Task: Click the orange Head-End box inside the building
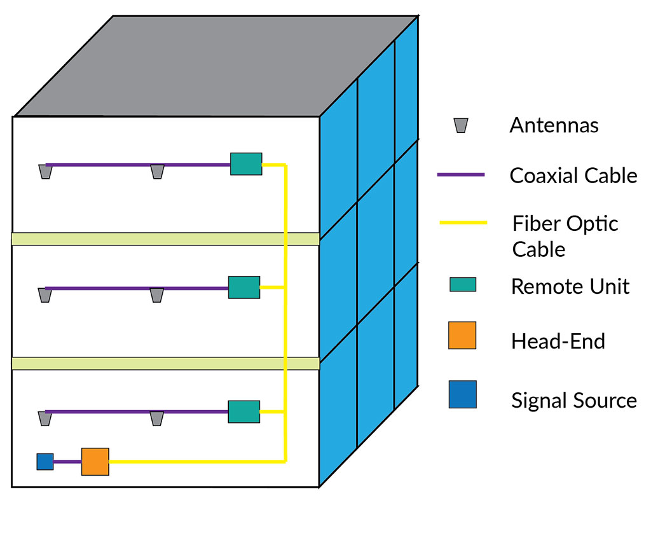tap(95, 462)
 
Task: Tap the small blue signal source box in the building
tap(45, 462)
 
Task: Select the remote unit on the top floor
tap(246, 164)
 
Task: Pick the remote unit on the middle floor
tap(244, 287)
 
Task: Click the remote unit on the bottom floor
tap(244, 412)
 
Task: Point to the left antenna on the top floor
tap(46, 172)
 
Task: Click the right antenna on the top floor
tap(157, 172)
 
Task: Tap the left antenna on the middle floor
tap(45, 295)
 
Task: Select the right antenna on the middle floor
tap(156, 295)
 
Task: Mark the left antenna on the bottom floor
tap(45, 418)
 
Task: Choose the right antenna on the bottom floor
tap(156, 418)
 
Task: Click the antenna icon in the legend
tap(461, 126)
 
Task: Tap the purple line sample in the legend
tap(461, 174)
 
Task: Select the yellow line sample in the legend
tap(463, 223)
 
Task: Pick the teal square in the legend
tap(463, 284)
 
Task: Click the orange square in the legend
tap(462, 336)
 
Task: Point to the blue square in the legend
tap(462, 394)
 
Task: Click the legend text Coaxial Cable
tap(573, 175)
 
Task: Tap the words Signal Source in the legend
tap(573, 401)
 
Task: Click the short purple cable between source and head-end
tap(67, 462)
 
